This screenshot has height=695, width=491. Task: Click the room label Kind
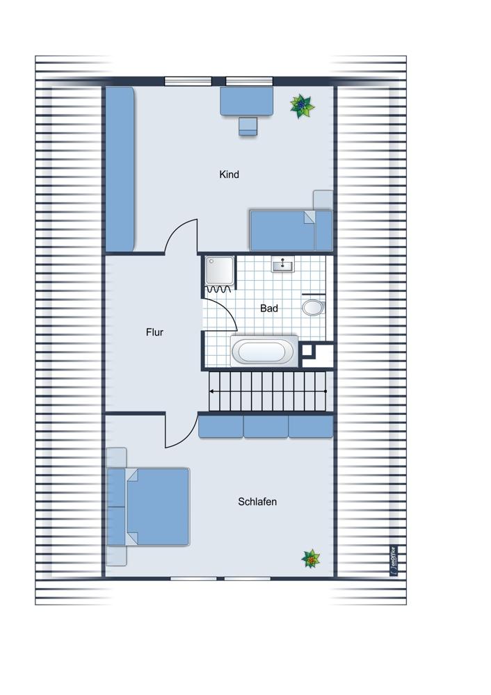point(229,174)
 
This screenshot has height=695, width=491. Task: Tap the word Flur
point(154,332)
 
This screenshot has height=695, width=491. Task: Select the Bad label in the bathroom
point(268,308)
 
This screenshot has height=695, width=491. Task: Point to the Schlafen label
point(257,501)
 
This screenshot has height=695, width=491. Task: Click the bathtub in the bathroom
point(264,352)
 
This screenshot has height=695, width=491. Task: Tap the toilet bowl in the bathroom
point(313,307)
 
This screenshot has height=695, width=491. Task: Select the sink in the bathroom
point(282,265)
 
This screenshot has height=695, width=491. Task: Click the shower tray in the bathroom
point(220,271)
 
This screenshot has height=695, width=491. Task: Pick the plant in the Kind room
point(302,106)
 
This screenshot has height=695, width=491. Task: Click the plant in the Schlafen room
point(311,559)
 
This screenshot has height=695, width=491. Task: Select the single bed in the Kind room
point(291,231)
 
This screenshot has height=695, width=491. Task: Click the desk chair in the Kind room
point(248,126)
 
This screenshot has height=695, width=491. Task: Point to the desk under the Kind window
point(247,101)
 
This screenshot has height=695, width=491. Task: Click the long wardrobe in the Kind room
point(120,170)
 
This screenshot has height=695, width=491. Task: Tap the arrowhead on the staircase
point(212,391)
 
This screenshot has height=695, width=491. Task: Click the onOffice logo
point(394,561)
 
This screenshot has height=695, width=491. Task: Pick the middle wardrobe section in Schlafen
point(266,427)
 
